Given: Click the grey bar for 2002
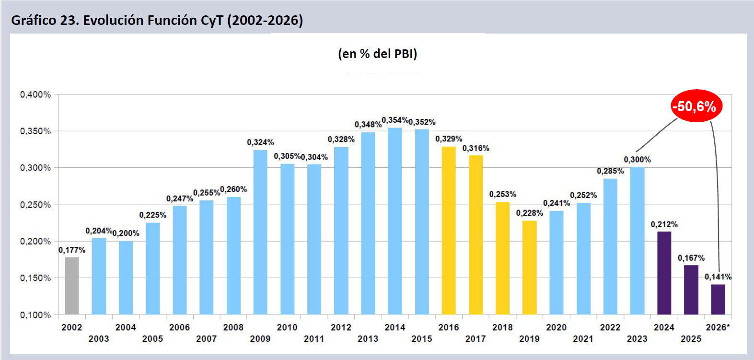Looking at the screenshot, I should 72,286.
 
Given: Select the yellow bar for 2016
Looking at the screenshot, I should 449,230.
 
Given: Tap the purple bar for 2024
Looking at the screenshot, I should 664,273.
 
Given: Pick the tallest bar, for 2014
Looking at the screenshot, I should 395,221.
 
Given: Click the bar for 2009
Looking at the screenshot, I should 260,232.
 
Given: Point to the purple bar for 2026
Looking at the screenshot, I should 718,299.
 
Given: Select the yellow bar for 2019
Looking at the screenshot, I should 529,267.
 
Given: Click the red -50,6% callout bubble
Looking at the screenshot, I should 696,106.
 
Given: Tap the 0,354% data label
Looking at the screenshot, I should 395,120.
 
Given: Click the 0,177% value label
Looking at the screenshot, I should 72,250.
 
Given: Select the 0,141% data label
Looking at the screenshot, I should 718,277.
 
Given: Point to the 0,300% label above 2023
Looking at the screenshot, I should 637,160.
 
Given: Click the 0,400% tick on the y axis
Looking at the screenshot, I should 35,94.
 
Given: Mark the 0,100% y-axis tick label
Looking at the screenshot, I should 35,315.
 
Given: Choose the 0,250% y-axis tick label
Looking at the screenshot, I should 35,205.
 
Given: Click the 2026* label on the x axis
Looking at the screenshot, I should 718,327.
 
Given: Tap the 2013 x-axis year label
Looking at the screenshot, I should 368,339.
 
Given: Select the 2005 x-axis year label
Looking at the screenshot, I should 152,339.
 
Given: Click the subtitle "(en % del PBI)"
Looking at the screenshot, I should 377,54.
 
